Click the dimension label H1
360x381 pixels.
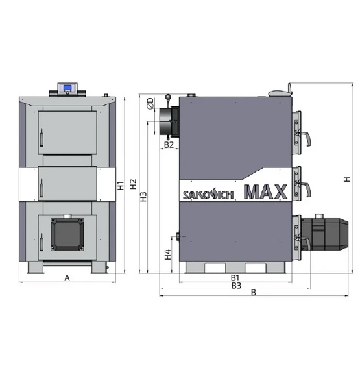(x=121, y=186)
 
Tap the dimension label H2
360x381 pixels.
(x=133, y=184)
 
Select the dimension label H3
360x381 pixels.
(x=144, y=197)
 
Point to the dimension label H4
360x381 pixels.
(x=168, y=254)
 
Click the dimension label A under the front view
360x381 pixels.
(x=67, y=278)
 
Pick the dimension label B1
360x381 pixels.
(x=235, y=278)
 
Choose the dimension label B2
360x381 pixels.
(x=169, y=145)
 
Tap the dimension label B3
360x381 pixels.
(x=236, y=286)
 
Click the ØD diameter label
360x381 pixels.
(x=150, y=103)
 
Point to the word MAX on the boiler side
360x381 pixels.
(x=266, y=191)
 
